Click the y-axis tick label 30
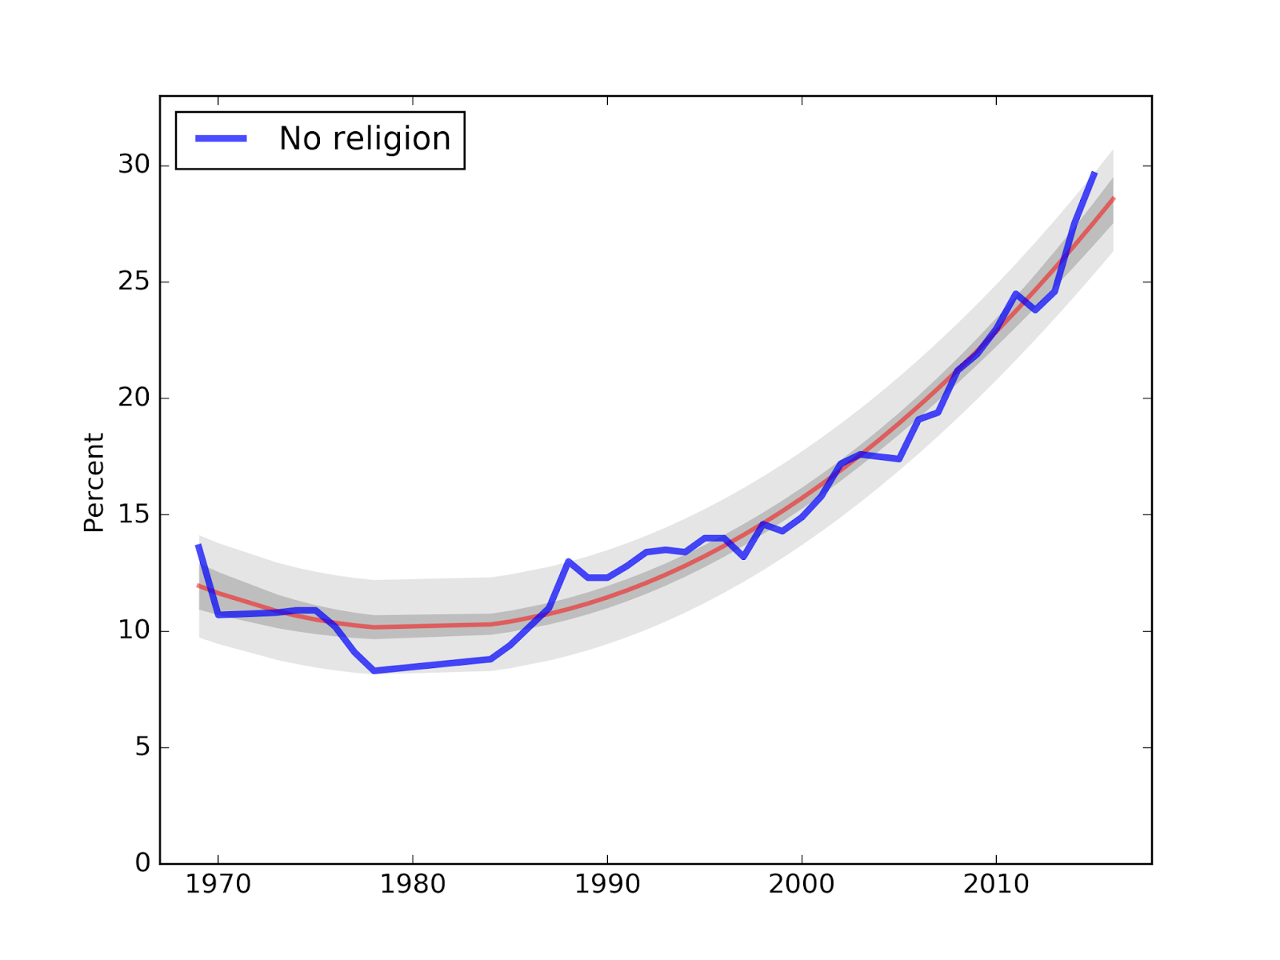[134, 165]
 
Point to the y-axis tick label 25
[134, 282]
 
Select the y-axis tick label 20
[134, 398]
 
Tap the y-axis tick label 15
[134, 514]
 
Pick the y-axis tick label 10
[134, 630]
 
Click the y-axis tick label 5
[142, 747]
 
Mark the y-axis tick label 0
[142, 863]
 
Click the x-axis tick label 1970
[218, 884]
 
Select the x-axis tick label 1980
[413, 884]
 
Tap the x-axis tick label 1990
[607, 884]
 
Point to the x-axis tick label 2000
[802, 884]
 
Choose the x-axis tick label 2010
[996, 884]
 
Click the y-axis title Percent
[94, 482]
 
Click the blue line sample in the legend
[222, 139]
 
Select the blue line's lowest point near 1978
[374, 670]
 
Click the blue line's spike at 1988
[568, 562]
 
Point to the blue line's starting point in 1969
[198, 546]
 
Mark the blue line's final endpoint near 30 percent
[1094, 173]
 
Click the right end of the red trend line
[1113, 198]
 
